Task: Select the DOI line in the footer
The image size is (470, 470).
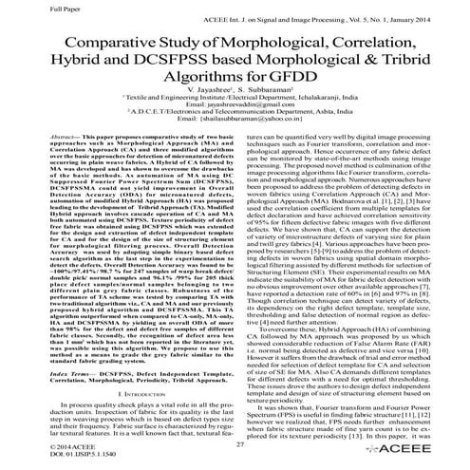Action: tap(55, 455)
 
